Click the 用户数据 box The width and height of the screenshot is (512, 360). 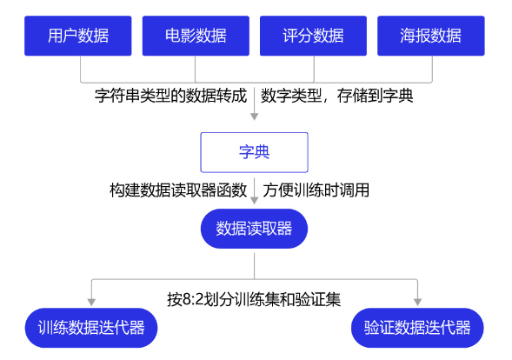point(78,36)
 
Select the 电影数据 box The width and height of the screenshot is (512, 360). point(196,36)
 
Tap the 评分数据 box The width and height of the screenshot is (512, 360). point(314,36)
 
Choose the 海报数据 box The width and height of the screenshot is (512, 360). point(431,36)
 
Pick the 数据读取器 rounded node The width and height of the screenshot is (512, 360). point(255,229)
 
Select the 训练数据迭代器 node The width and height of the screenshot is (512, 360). point(91,328)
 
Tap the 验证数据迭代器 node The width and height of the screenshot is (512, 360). point(417,328)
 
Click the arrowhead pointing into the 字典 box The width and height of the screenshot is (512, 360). point(255,117)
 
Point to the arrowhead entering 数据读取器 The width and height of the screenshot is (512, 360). point(255,201)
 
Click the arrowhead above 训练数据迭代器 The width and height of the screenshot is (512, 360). point(91,303)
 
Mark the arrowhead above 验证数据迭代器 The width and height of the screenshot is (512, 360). point(417,303)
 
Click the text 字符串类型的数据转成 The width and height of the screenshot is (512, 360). point(170,96)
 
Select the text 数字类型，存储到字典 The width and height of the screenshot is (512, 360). point(337,96)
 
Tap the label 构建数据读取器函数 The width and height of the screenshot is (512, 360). point(178,190)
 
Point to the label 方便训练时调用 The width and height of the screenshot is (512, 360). point(316,190)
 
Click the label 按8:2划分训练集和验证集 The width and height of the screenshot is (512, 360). point(254,299)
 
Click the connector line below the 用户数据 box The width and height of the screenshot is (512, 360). point(81,70)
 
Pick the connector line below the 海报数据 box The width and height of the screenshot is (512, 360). point(432,70)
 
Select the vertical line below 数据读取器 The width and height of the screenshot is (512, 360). point(255,265)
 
